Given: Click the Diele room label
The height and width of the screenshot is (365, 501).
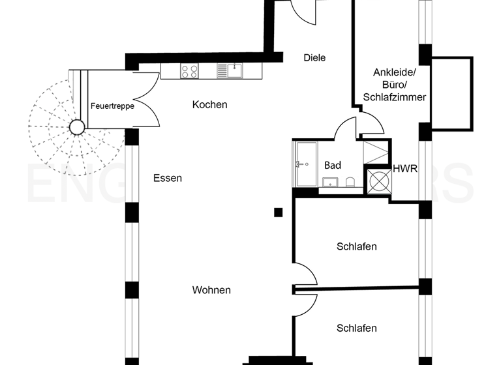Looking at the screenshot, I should point(314,58).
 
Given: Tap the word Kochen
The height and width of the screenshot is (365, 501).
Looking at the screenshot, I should point(209,104).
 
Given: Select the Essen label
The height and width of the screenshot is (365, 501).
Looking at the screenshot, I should point(168,178).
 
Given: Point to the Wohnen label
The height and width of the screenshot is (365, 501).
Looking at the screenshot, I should point(211,290).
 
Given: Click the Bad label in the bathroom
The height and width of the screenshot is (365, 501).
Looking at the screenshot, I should point(333,166).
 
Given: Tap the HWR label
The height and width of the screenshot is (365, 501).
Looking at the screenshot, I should point(404,169).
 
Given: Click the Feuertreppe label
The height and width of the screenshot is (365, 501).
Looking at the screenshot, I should point(112,105).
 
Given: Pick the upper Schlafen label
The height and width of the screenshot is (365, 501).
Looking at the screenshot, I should point(357,246).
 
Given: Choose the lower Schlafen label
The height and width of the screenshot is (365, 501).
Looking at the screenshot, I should point(357,328).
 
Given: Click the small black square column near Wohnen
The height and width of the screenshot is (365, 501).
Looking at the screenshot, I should point(279,212).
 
